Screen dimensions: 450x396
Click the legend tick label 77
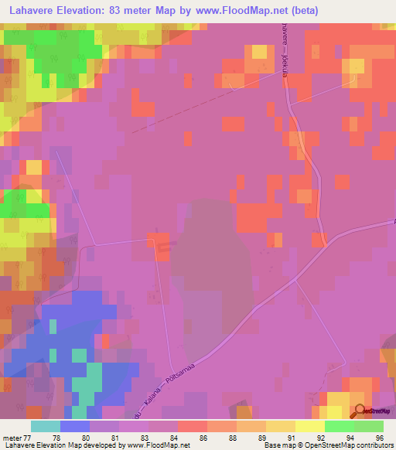29,438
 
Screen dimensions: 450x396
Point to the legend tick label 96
378,438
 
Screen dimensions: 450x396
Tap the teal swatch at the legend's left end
45,426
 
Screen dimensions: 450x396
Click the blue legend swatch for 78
74,426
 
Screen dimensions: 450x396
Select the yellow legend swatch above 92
309,426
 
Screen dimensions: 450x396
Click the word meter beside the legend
12,438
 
